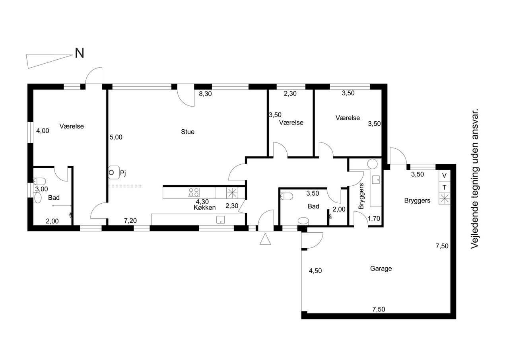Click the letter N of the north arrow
pos(80,53)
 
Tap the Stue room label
pos(188,132)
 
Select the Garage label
pos(381,269)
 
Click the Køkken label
pos(204,208)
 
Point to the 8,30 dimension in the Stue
pos(205,93)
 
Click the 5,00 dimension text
pos(116,137)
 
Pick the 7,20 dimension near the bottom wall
pos(130,220)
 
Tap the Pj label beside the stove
pos(123,173)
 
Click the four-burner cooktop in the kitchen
pos(194,192)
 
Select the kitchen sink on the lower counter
pos(220,220)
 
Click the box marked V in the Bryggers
pos(445,175)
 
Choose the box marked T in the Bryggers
pos(445,187)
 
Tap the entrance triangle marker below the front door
pos(265,239)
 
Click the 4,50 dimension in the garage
pos(315,270)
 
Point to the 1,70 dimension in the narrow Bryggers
pos(374,219)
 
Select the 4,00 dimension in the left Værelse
pos(43,131)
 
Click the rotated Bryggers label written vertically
pos(361,196)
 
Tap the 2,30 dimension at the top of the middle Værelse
pos(290,93)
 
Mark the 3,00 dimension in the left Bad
pos(42,189)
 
